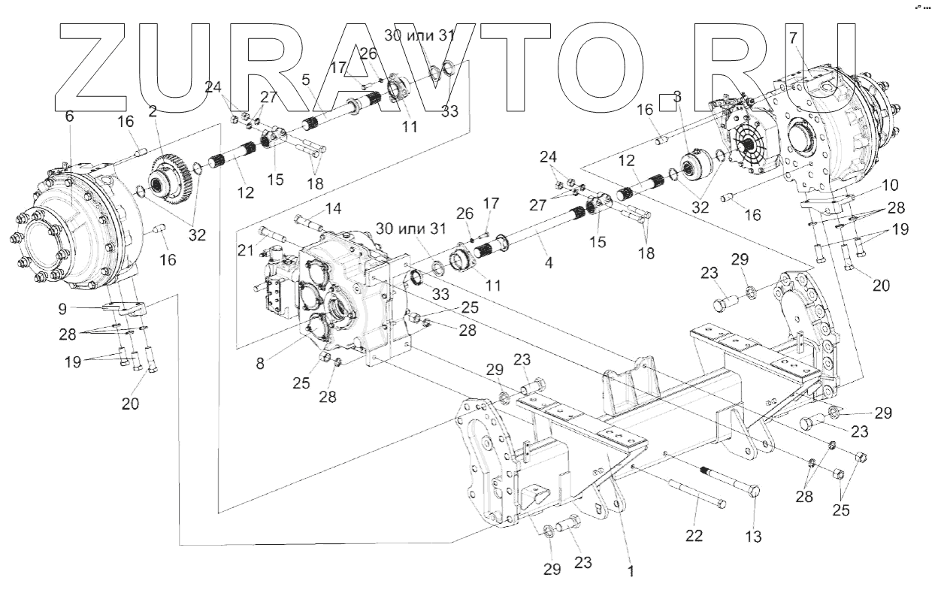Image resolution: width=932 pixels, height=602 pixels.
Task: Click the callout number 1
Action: tap(631, 571)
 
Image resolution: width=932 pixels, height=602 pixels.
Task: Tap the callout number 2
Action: tap(153, 111)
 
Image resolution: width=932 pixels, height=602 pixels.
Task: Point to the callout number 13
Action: tap(754, 537)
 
